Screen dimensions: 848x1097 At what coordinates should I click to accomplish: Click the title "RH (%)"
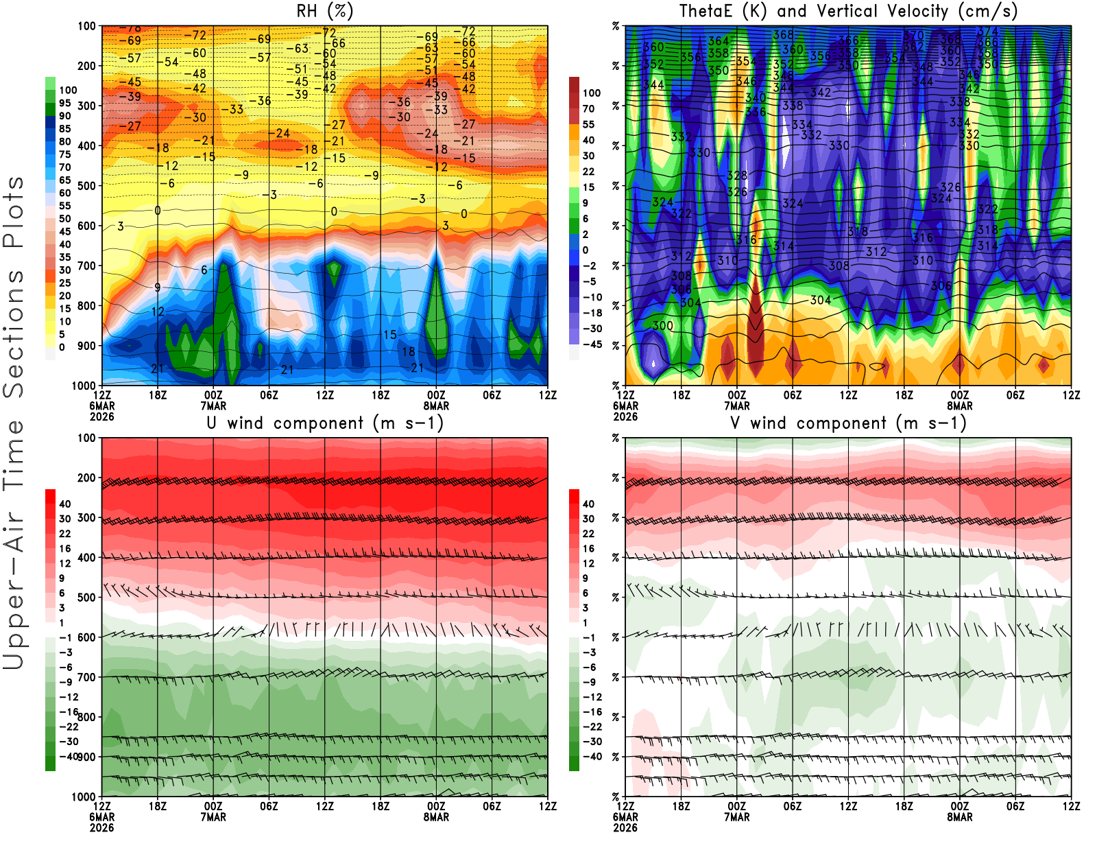[x=324, y=11]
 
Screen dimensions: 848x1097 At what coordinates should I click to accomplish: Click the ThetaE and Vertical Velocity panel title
[x=848, y=11]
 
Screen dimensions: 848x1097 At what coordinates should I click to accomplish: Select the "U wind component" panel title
[x=324, y=423]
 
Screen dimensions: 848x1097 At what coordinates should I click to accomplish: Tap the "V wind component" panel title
[x=848, y=423]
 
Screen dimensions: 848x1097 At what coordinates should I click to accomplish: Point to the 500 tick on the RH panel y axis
[x=86, y=186]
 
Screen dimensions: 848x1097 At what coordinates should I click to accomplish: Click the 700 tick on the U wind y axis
[x=86, y=677]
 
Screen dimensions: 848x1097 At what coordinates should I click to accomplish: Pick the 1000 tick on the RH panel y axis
[x=84, y=386]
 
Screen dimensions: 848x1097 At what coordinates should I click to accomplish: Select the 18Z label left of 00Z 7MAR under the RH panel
[x=158, y=395]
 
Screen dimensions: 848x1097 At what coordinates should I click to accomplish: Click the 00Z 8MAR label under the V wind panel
[x=960, y=812]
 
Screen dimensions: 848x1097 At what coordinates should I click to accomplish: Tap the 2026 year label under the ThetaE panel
[x=625, y=416]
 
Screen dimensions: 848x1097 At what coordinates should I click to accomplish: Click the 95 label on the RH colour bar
[x=64, y=103]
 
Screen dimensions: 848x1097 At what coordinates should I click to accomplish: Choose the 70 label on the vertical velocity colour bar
[x=588, y=108]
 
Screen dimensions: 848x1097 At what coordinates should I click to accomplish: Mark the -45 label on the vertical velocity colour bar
[x=592, y=344]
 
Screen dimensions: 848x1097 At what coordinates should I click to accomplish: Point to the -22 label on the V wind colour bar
[x=592, y=727]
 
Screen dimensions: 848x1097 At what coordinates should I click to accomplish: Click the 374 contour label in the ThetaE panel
[x=987, y=32]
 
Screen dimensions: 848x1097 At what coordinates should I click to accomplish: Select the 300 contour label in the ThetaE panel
[x=663, y=326]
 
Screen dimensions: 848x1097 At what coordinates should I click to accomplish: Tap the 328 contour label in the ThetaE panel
[x=737, y=176]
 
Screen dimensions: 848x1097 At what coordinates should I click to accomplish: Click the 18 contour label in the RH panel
[x=408, y=352]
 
